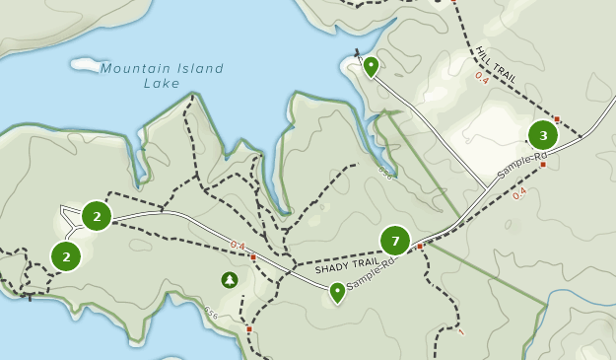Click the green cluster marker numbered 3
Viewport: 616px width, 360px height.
point(543,135)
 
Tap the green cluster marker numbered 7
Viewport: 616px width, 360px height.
point(395,241)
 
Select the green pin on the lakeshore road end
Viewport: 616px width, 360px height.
point(371,67)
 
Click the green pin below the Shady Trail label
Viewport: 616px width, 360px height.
point(337,292)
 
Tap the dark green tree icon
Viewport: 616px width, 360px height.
point(230,280)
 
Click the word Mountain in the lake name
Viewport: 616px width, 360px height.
point(133,68)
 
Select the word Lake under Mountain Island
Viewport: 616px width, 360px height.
point(161,84)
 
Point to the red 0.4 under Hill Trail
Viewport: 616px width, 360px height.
point(482,76)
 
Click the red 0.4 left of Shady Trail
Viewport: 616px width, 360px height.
point(238,246)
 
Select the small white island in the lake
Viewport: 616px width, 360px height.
point(86,64)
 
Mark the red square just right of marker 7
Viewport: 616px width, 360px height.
point(420,246)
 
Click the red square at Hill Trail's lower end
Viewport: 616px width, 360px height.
point(556,118)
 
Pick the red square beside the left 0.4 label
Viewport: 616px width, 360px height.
point(253,257)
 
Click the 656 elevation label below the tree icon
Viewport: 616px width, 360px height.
point(211,314)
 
